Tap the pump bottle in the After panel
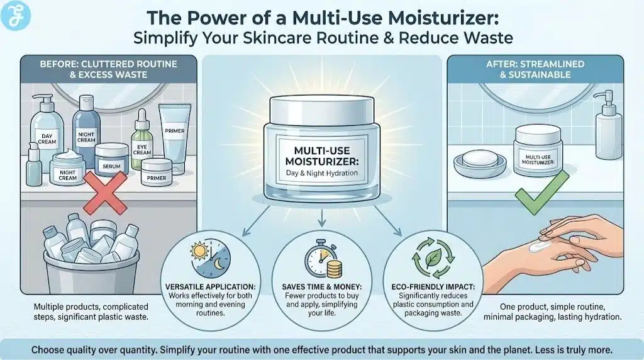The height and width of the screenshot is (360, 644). click(x=609, y=126)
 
